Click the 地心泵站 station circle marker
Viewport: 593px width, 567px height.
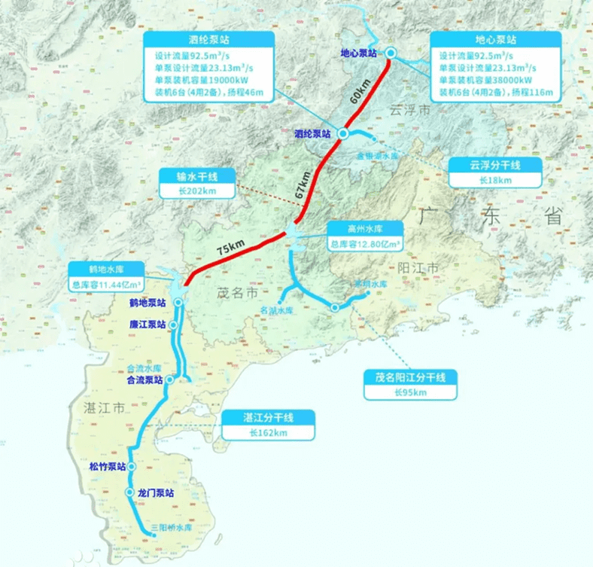click(391, 52)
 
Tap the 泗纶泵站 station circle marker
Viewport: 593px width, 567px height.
click(342, 133)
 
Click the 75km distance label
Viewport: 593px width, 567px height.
click(230, 248)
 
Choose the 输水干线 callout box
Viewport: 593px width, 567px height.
click(197, 183)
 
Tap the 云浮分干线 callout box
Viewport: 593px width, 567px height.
click(494, 172)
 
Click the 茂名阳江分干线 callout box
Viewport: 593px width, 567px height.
click(411, 384)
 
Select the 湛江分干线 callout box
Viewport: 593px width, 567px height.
click(269, 425)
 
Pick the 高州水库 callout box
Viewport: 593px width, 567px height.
click(365, 236)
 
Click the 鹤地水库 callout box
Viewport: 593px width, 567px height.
click(105, 277)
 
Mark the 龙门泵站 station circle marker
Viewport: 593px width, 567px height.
click(129, 492)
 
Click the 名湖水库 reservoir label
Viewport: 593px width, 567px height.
click(275, 309)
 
